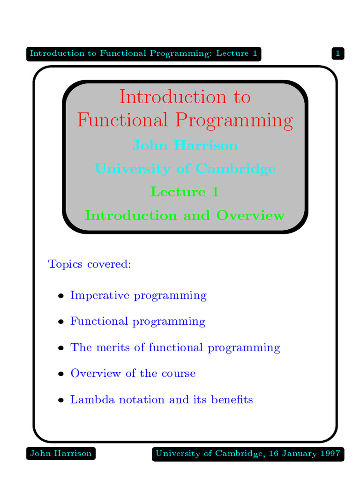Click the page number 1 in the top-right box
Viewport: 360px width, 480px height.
point(338,53)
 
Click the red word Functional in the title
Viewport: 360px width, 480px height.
point(122,120)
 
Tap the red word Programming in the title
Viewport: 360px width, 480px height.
point(234,120)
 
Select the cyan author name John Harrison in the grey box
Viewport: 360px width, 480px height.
point(185,145)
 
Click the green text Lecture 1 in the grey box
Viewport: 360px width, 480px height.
point(185,192)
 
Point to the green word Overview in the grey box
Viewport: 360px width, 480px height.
point(250,215)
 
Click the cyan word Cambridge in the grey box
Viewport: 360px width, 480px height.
point(235,169)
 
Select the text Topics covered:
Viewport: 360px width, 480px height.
point(90,264)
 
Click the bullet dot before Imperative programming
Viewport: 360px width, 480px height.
point(61,296)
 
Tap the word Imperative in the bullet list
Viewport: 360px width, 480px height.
point(100,296)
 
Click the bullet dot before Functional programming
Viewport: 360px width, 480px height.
point(61,322)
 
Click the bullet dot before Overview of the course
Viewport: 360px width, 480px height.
point(61,374)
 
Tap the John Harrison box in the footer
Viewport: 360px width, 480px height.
point(61,453)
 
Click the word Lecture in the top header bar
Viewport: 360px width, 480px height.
point(232,53)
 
